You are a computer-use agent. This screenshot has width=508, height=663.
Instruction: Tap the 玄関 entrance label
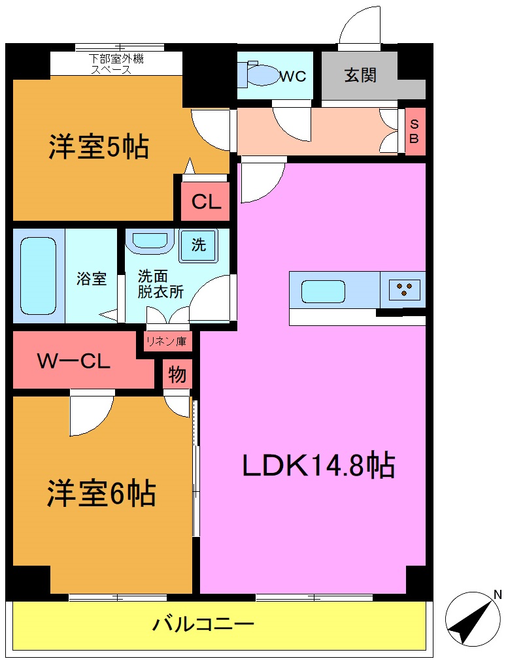click(360, 75)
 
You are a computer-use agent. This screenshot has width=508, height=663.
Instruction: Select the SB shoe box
click(415, 132)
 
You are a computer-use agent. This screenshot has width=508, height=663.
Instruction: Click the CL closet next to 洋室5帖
click(206, 202)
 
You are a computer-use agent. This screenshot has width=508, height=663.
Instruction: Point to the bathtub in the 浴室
click(38, 275)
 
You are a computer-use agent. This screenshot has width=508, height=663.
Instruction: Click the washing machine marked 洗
click(199, 245)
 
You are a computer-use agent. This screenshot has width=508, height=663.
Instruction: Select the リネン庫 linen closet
click(165, 341)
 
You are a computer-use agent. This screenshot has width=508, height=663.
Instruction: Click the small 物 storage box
click(177, 375)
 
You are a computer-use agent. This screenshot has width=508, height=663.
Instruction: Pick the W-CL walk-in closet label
click(73, 361)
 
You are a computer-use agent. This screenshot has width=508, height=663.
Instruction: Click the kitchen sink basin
click(323, 291)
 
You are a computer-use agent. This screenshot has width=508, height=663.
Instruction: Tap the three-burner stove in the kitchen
click(405, 289)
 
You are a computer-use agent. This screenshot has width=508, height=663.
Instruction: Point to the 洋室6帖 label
click(101, 493)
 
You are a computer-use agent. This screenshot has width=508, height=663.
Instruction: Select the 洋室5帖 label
click(99, 148)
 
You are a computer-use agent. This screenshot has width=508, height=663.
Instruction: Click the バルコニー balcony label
click(203, 624)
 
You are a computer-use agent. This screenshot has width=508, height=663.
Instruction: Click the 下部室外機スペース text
click(117, 64)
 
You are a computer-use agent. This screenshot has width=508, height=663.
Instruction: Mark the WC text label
click(292, 76)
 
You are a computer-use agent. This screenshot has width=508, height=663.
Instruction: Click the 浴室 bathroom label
click(91, 279)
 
